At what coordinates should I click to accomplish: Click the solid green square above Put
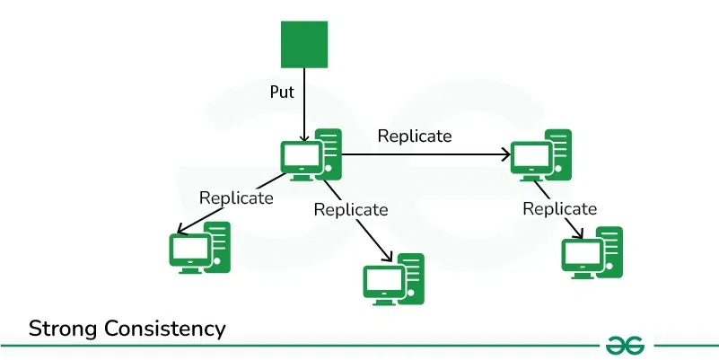tap(304, 45)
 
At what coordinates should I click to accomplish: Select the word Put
tap(283, 92)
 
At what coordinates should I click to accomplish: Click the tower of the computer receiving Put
tap(329, 153)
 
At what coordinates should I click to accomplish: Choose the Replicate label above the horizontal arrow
tap(414, 136)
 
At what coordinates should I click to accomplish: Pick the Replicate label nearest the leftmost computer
tap(235, 198)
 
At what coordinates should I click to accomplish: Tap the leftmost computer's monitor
tap(188, 250)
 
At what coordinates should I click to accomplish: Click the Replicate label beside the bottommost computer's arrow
tap(350, 209)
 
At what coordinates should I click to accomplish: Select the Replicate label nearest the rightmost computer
tap(559, 209)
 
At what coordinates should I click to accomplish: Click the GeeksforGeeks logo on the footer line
tap(627, 345)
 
